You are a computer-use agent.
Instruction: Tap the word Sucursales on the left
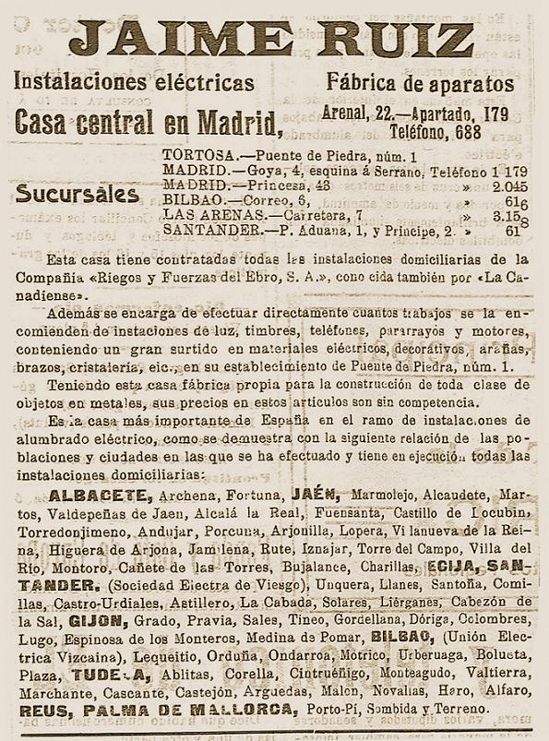click(78, 195)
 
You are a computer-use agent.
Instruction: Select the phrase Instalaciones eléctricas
click(134, 83)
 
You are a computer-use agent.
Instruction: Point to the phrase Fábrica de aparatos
click(420, 83)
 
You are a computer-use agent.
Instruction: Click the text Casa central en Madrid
click(148, 121)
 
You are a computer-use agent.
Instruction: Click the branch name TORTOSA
click(192, 155)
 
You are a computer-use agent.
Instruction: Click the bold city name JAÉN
click(315, 494)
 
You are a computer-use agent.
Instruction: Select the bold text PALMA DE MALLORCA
click(189, 710)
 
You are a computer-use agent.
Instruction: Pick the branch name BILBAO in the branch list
click(189, 199)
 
